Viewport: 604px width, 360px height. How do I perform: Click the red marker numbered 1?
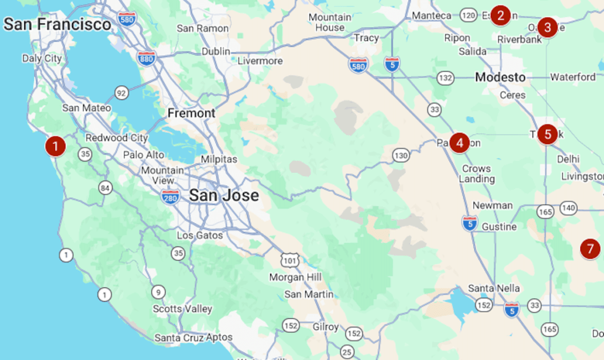[x=55, y=146]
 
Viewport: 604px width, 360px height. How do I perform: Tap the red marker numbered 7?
[x=590, y=248]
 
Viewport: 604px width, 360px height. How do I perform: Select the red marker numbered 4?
[x=459, y=142]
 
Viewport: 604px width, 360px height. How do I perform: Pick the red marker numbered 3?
[x=547, y=27]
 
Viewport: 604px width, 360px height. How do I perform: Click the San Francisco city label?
[x=57, y=24]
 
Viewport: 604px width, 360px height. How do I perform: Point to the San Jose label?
[x=224, y=195]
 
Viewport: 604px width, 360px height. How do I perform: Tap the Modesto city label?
[x=500, y=77]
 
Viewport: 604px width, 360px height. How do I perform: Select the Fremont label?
[x=191, y=113]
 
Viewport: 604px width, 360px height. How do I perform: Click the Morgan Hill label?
[x=296, y=277]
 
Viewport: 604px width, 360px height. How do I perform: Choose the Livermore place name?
[x=260, y=61]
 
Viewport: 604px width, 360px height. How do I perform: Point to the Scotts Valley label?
[x=182, y=309]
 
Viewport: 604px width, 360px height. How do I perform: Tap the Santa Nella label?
[x=494, y=288]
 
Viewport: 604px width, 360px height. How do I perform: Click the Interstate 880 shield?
[x=146, y=58]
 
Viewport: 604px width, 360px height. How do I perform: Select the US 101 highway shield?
[x=290, y=260]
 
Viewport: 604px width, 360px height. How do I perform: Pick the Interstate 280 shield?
[x=170, y=197]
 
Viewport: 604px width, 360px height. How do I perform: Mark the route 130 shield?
[x=401, y=156]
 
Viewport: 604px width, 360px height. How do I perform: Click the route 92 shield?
[x=122, y=93]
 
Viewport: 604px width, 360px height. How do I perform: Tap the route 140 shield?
[x=569, y=207]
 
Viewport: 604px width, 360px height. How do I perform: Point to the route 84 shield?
[x=105, y=188]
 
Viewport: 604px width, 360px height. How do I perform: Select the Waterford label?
[x=573, y=77]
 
